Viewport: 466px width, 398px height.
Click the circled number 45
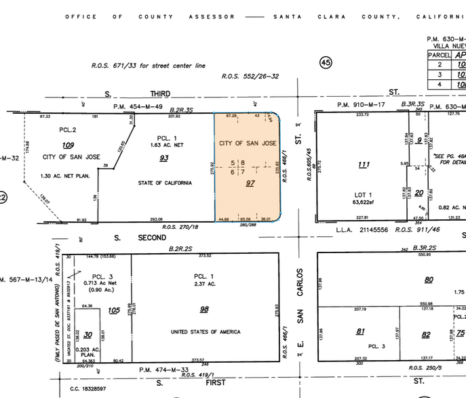coord(326,62)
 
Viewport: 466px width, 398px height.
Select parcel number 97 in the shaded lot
coord(250,183)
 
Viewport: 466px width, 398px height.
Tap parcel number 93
coord(163,158)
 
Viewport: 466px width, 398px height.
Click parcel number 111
coord(364,164)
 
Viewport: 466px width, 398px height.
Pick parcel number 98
coord(204,309)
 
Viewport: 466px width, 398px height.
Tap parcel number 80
coord(429,279)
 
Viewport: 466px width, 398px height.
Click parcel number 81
coord(360,331)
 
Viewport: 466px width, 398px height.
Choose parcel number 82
coord(426,334)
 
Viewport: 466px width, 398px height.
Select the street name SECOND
coord(151,238)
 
